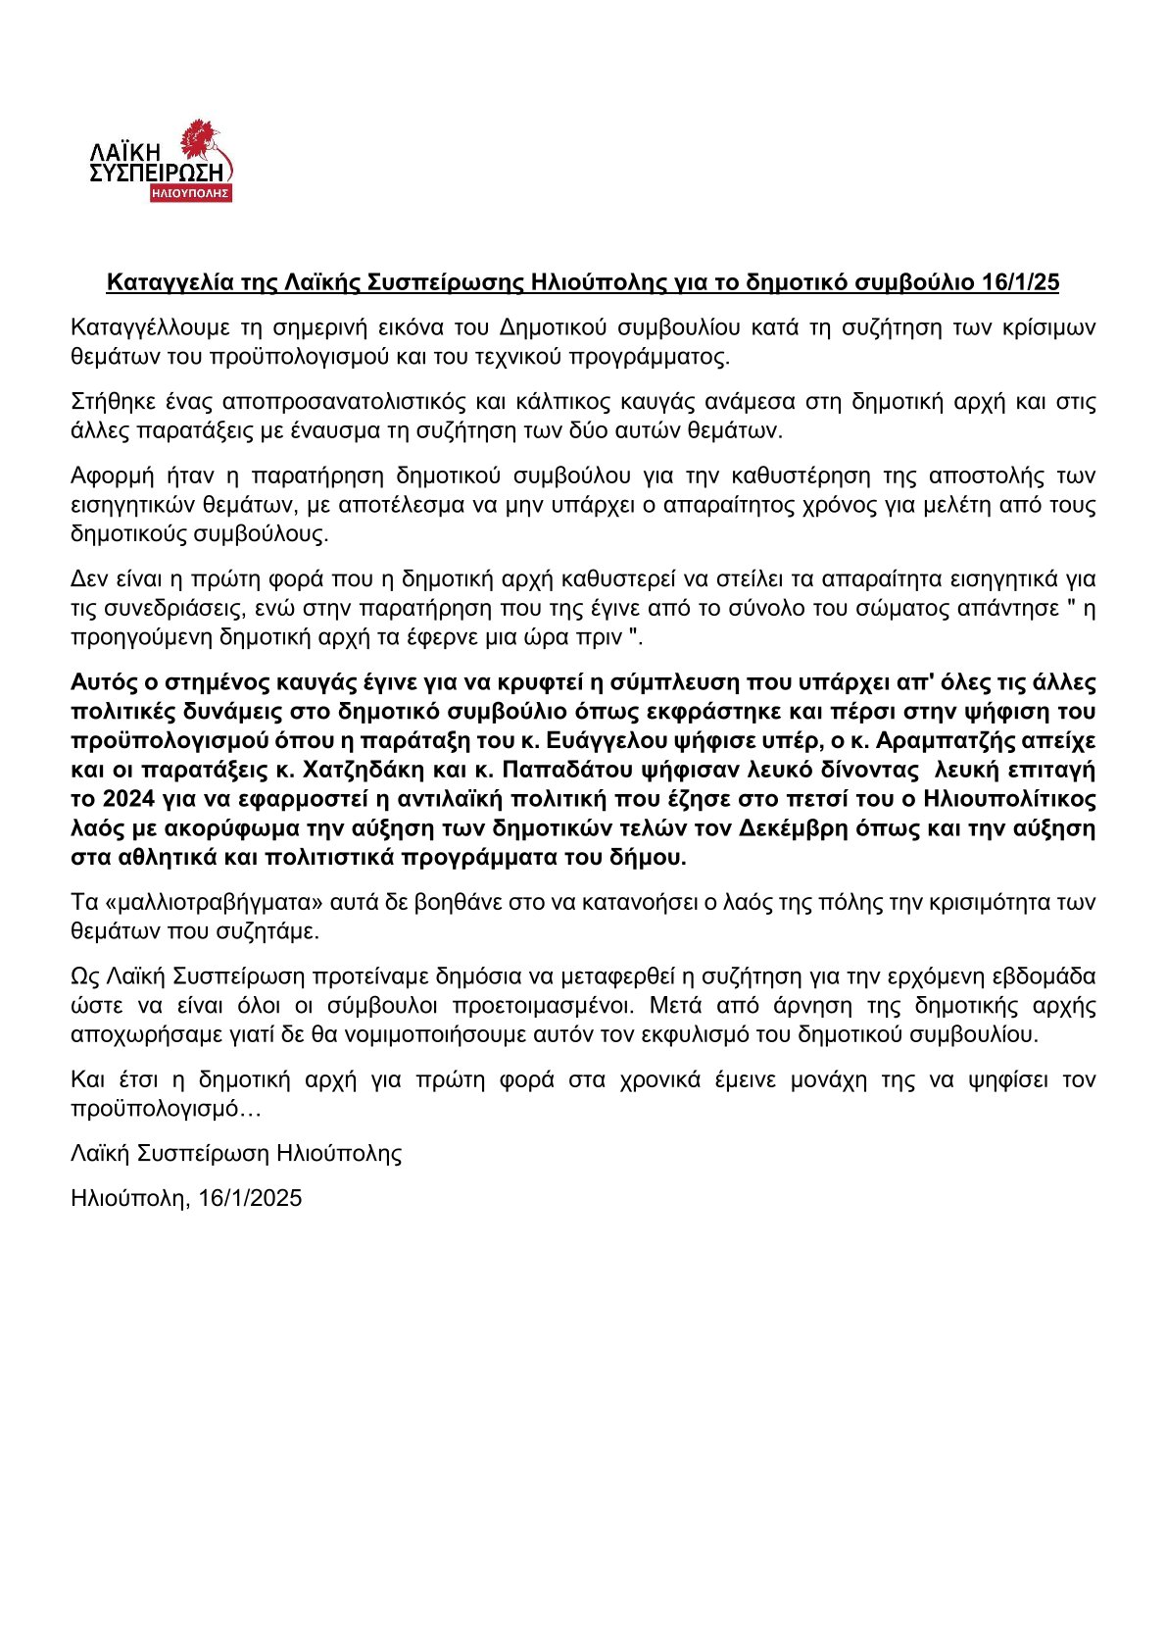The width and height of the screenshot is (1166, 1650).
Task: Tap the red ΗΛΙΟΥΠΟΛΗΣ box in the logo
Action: tap(190, 193)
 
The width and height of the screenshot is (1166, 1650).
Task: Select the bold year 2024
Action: tap(126, 799)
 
